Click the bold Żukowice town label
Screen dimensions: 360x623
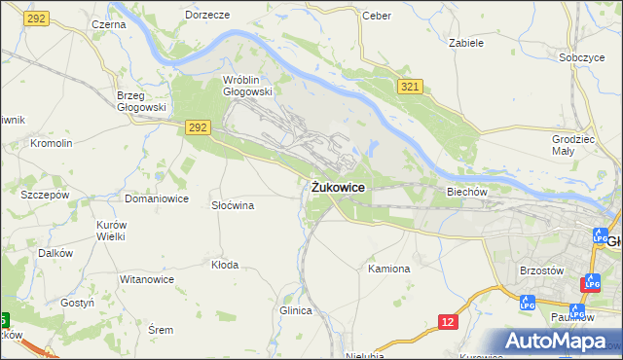click(x=339, y=187)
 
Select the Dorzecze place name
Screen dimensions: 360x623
click(x=206, y=16)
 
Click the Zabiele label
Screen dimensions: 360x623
click(x=465, y=43)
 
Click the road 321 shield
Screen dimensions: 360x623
click(x=409, y=88)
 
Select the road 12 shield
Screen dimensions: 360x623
click(x=447, y=320)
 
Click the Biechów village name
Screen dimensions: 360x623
click(x=466, y=192)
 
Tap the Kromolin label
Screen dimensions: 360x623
click(x=52, y=143)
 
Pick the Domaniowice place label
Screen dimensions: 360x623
click(x=156, y=198)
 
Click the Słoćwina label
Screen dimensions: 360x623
click(x=233, y=205)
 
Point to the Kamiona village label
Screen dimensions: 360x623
click(x=389, y=268)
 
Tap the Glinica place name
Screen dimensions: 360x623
click(x=295, y=310)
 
